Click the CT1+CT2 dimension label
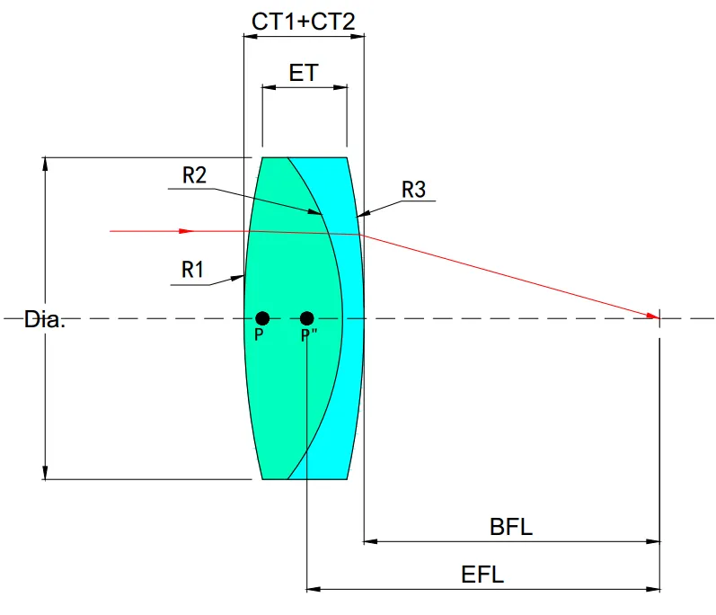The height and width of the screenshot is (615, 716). tap(304, 22)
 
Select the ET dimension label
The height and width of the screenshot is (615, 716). tap(304, 73)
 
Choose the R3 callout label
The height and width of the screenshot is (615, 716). tap(413, 190)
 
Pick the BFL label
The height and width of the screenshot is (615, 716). tap(511, 527)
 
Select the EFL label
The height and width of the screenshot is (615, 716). tap(482, 575)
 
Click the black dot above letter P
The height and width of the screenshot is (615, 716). tap(262, 317)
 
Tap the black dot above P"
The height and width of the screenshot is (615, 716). tap(307, 317)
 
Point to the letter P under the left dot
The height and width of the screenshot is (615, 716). tap(259, 334)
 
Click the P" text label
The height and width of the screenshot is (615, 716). tap(307, 335)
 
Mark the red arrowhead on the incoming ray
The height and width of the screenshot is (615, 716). tap(186, 231)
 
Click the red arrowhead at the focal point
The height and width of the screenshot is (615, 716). tap(652, 315)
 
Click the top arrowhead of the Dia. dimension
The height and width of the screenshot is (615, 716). tap(45, 163)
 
